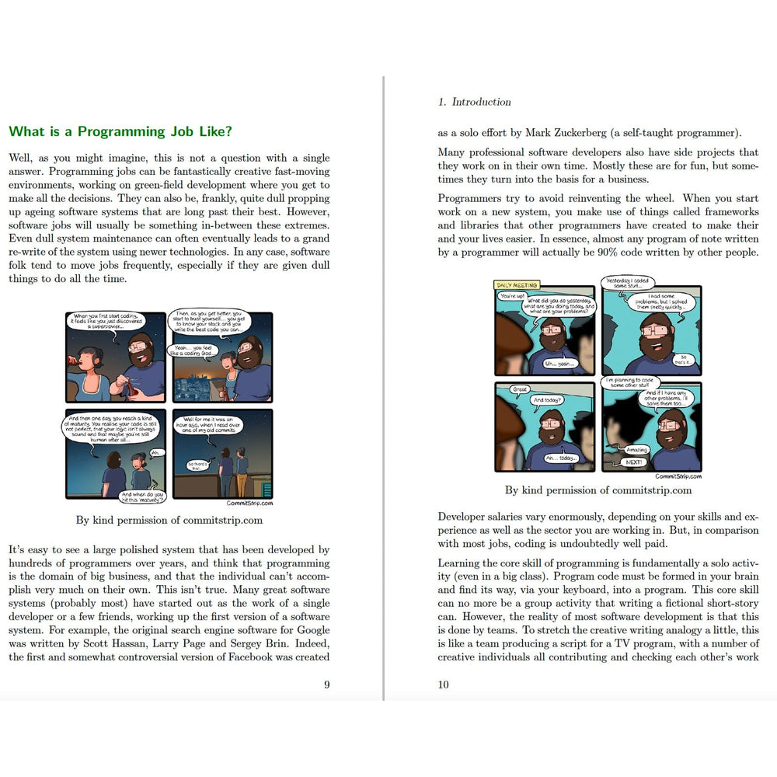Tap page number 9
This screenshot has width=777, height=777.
coord(326,685)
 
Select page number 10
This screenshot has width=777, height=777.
coord(443,685)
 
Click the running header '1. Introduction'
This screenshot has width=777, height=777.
coord(474,102)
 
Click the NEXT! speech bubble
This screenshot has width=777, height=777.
coord(635,462)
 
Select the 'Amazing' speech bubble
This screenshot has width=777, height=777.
coord(636,450)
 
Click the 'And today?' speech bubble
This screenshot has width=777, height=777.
coord(547,401)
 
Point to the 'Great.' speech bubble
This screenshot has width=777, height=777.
coord(520,389)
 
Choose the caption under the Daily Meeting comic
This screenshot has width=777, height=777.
coord(598,490)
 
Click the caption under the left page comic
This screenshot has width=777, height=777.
coord(169,521)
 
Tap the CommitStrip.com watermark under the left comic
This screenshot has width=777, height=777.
coord(249,503)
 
